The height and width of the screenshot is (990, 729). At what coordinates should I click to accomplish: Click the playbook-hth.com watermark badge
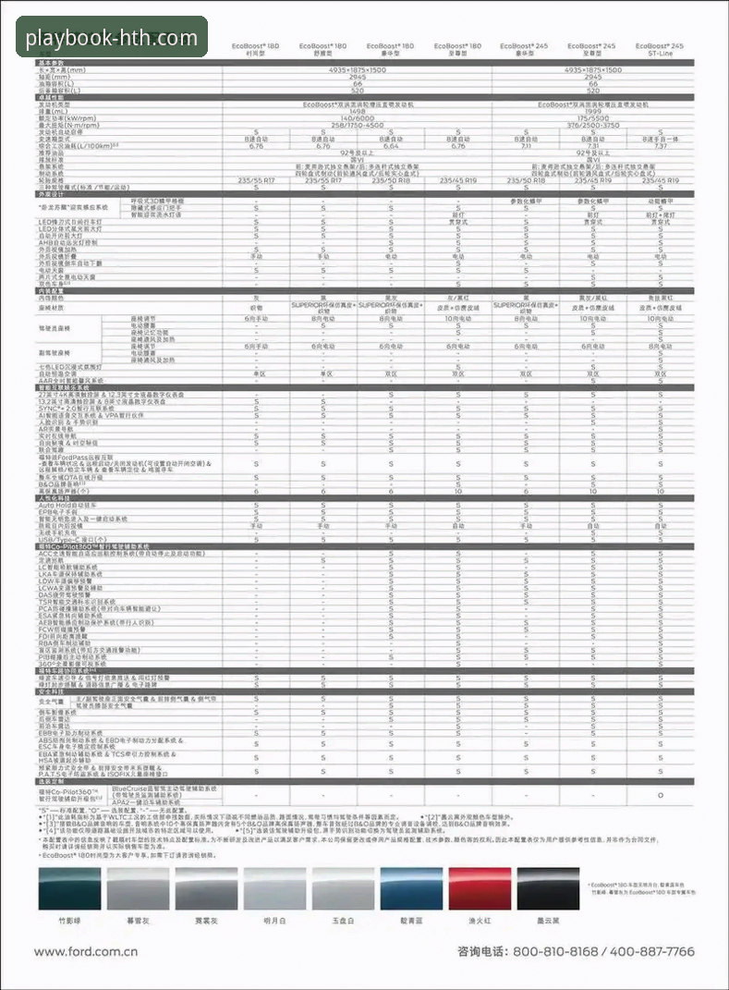coord(111,37)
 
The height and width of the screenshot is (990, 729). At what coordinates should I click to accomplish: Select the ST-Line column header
coord(664,54)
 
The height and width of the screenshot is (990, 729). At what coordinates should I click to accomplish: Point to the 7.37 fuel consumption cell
coord(660,145)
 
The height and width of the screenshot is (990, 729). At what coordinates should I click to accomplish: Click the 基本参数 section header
coord(52,62)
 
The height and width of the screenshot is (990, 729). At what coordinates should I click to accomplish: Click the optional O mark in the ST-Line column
coord(660,794)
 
